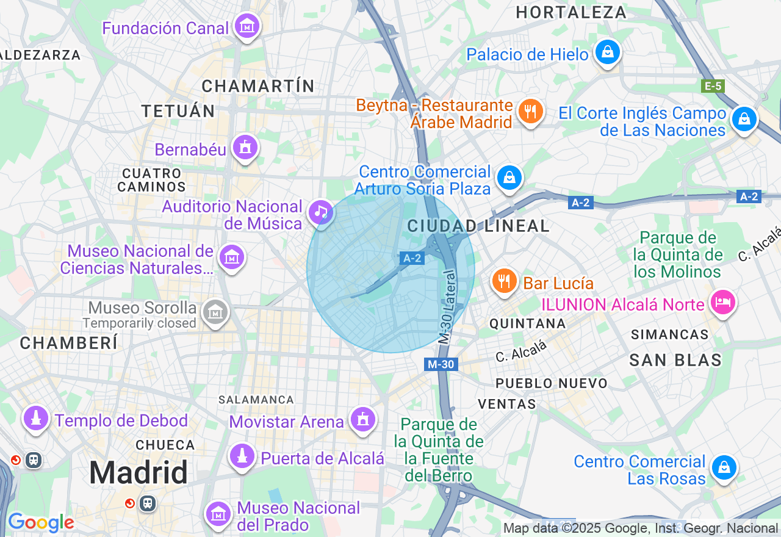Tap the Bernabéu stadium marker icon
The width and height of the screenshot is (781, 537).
click(x=245, y=148)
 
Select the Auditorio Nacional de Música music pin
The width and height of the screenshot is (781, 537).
click(x=320, y=212)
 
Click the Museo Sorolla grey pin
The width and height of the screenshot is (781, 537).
click(x=215, y=312)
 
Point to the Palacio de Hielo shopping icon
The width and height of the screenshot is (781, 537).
click(x=608, y=52)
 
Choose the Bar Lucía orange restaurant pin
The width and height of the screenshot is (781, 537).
click(x=504, y=281)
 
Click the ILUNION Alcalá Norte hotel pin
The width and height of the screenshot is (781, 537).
click(x=724, y=302)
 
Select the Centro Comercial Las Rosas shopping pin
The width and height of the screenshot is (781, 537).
click(x=724, y=468)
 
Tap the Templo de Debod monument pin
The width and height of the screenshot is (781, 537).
click(x=36, y=419)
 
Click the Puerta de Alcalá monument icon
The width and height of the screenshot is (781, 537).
click(x=242, y=456)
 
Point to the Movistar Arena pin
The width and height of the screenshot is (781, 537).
click(x=363, y=420)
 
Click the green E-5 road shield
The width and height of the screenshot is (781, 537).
click(x=713, y=86)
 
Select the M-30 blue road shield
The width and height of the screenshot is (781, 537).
click(x=441, y=364)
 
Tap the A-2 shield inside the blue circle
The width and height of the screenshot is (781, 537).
click(x=412, y=258)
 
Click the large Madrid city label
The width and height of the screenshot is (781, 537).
click(x=139, y=473)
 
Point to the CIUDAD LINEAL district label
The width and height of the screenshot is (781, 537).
click(x=478, y=226)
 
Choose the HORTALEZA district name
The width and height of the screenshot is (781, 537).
click(x=571, y=12)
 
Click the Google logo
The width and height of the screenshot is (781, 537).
click(x=40, y=522)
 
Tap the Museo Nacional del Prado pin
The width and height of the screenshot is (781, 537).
click(x=218, y=514)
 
